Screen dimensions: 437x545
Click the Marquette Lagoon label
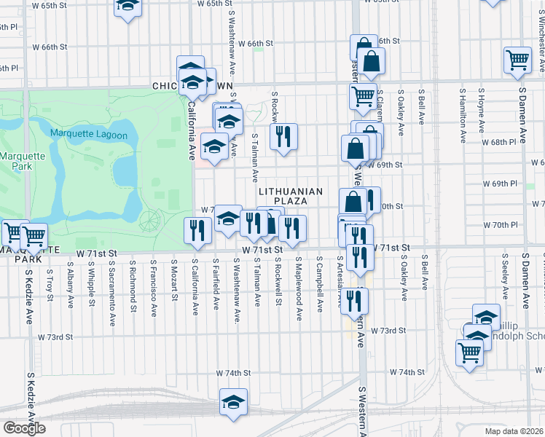point(89,135)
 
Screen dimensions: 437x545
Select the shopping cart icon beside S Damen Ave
point(517,60)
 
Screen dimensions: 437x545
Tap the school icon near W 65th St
point(128,7)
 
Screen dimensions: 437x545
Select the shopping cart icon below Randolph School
point(469,353)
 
